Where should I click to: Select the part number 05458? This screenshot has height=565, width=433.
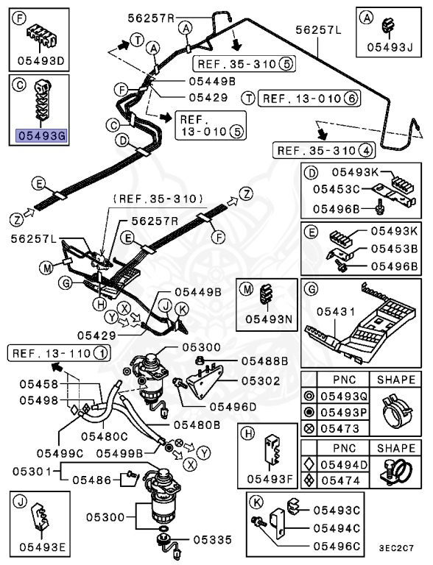[x=39, y=383]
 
